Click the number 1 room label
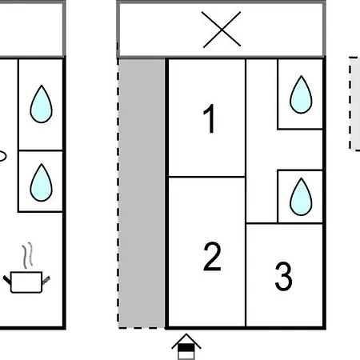[210, 118]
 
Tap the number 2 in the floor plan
[212, 257]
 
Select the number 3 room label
[283, 276]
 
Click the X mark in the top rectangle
[222, 30]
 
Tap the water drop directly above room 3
[301, 197]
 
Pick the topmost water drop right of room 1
[301, 94]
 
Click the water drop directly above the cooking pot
[41, 182]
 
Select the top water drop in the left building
[41, 104]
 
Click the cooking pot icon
[26, 282]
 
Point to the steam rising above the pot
[27, 255]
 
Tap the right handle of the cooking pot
[46, 281]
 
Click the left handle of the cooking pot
[6, 280]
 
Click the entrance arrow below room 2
[186, 346]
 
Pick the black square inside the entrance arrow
[186, 348]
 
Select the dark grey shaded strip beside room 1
[142, 193]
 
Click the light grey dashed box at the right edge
[354, 103]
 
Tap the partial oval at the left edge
[2, 156]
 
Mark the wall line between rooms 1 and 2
[207, 177]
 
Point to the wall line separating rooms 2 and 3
[246, 275]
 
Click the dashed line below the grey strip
[142, 328]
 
